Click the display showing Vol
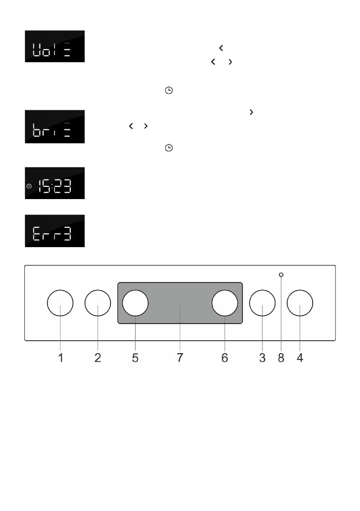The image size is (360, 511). pos(54,46)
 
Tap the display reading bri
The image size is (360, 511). pos(54,127)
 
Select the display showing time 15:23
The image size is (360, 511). pos(54,183)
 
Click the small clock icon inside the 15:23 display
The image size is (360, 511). pos(29,186)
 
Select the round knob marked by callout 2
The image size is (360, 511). pos(98,304)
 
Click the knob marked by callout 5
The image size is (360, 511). pos(135,303)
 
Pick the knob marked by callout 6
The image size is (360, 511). pos(225,303)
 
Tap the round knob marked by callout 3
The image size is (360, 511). pos(262,304)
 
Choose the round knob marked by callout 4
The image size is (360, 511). pos(300,304)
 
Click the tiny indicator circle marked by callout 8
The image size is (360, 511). pos(281,275)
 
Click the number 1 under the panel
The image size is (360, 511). pos(61,358)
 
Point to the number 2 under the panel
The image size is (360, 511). pos(98,358)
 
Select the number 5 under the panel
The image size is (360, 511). pos(135,358)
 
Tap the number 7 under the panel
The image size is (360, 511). pos(180,358)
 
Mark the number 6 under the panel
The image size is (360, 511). pos(225,358)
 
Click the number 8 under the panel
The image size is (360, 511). pos(281,358)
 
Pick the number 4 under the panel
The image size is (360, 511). pos(300,358)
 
